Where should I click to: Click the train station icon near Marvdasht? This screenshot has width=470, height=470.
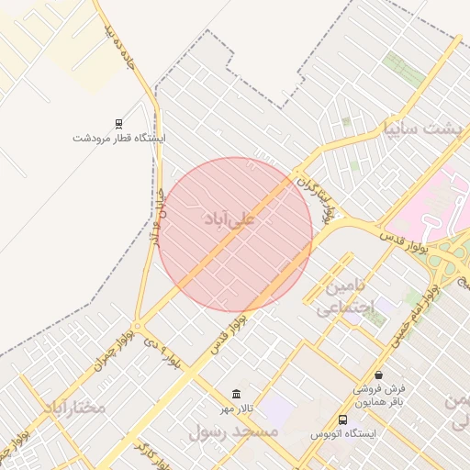118,123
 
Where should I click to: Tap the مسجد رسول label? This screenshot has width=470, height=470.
233,431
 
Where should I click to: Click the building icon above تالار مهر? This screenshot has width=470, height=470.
238,394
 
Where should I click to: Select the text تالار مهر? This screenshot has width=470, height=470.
237,408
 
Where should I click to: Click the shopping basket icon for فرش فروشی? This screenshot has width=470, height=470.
378,375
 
